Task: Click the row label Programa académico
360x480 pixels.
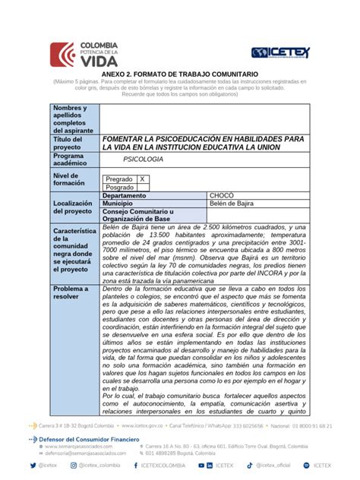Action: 70,160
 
